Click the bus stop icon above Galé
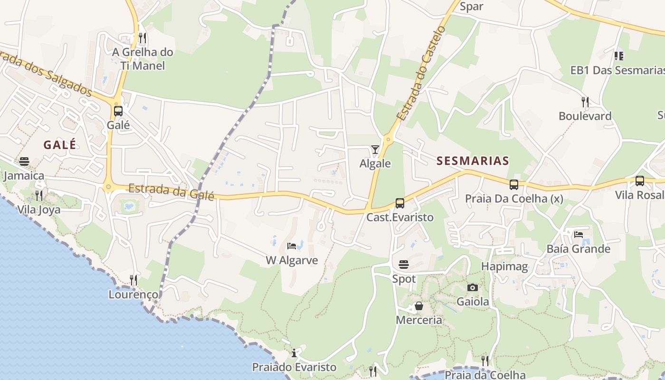tap(118, 111)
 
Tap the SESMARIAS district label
tap(473, 161)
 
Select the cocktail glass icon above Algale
tap(375, 150)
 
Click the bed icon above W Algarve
tap(292, 246)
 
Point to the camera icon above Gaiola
tap(472, 287)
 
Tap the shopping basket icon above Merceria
tap(419, 306)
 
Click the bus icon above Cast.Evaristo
tap(400, 203)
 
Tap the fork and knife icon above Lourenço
tap(133, 280)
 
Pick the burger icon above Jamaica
tap(24, 161)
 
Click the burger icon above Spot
tap(404, 265)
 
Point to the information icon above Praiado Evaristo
tap(294, 353)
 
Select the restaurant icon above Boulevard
tap(585, 102)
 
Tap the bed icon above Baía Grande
tap(578, 235)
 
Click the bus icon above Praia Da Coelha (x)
tap(514, 185)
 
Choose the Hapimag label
tap(504, 266)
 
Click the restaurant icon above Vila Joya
tap(39, 195)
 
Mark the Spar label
tap(472, 6)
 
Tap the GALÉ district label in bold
tap(60, 145)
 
